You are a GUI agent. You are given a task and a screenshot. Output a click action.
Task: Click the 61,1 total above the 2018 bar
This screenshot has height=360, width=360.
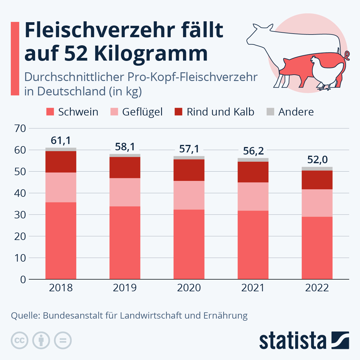(x=61, y=140)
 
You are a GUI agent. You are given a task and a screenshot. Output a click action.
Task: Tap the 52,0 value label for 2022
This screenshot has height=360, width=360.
(x=317, y=160)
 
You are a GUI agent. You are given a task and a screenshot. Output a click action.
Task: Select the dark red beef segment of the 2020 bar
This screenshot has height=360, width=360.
(x=189, y=170)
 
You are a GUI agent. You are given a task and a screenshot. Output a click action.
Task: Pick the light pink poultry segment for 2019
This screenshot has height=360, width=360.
(x=125, y=192)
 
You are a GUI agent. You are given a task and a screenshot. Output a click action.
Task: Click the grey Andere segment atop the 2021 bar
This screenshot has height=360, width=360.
(x=253, y=160)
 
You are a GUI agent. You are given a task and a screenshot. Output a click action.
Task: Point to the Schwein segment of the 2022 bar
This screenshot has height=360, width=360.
(x=317, y=248)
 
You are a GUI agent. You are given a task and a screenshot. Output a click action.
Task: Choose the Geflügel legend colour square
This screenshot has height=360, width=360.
(x=114, y=112)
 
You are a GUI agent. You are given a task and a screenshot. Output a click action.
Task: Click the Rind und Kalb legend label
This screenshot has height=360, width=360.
(x=220, y=112)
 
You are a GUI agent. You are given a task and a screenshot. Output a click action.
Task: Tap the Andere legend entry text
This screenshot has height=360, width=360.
(x=296, y=112)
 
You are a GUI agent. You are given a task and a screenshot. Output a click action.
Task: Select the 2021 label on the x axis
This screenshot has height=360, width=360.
(x=253, y=288)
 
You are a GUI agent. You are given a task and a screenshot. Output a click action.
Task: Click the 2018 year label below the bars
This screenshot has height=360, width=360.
(x=61, y=288)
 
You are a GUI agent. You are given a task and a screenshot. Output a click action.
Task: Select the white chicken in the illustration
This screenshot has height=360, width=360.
(x=325, y=72)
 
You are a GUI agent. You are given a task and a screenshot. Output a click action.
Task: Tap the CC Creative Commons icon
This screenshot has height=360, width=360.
(x=20, y=340)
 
